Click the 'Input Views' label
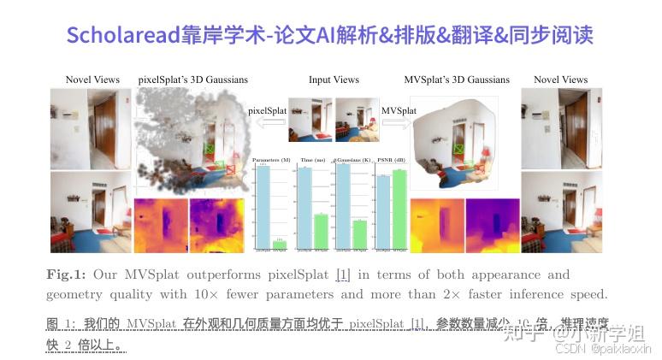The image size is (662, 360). [x=334, y=80]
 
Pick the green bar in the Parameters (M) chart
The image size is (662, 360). [x=280, y=245]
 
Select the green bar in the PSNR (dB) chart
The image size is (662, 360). [x=399, y=210]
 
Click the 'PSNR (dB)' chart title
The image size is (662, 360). [x=391, y=160]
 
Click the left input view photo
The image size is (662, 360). [x=310, y=119]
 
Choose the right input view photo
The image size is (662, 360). [x=356, y=119]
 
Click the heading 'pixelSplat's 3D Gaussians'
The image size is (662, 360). [x=192, y=80]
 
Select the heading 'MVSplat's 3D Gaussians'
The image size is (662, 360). [x=457, y=80]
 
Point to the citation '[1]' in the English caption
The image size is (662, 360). [x=343, y=274]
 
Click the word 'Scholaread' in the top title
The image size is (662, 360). [x=123, y=35]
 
